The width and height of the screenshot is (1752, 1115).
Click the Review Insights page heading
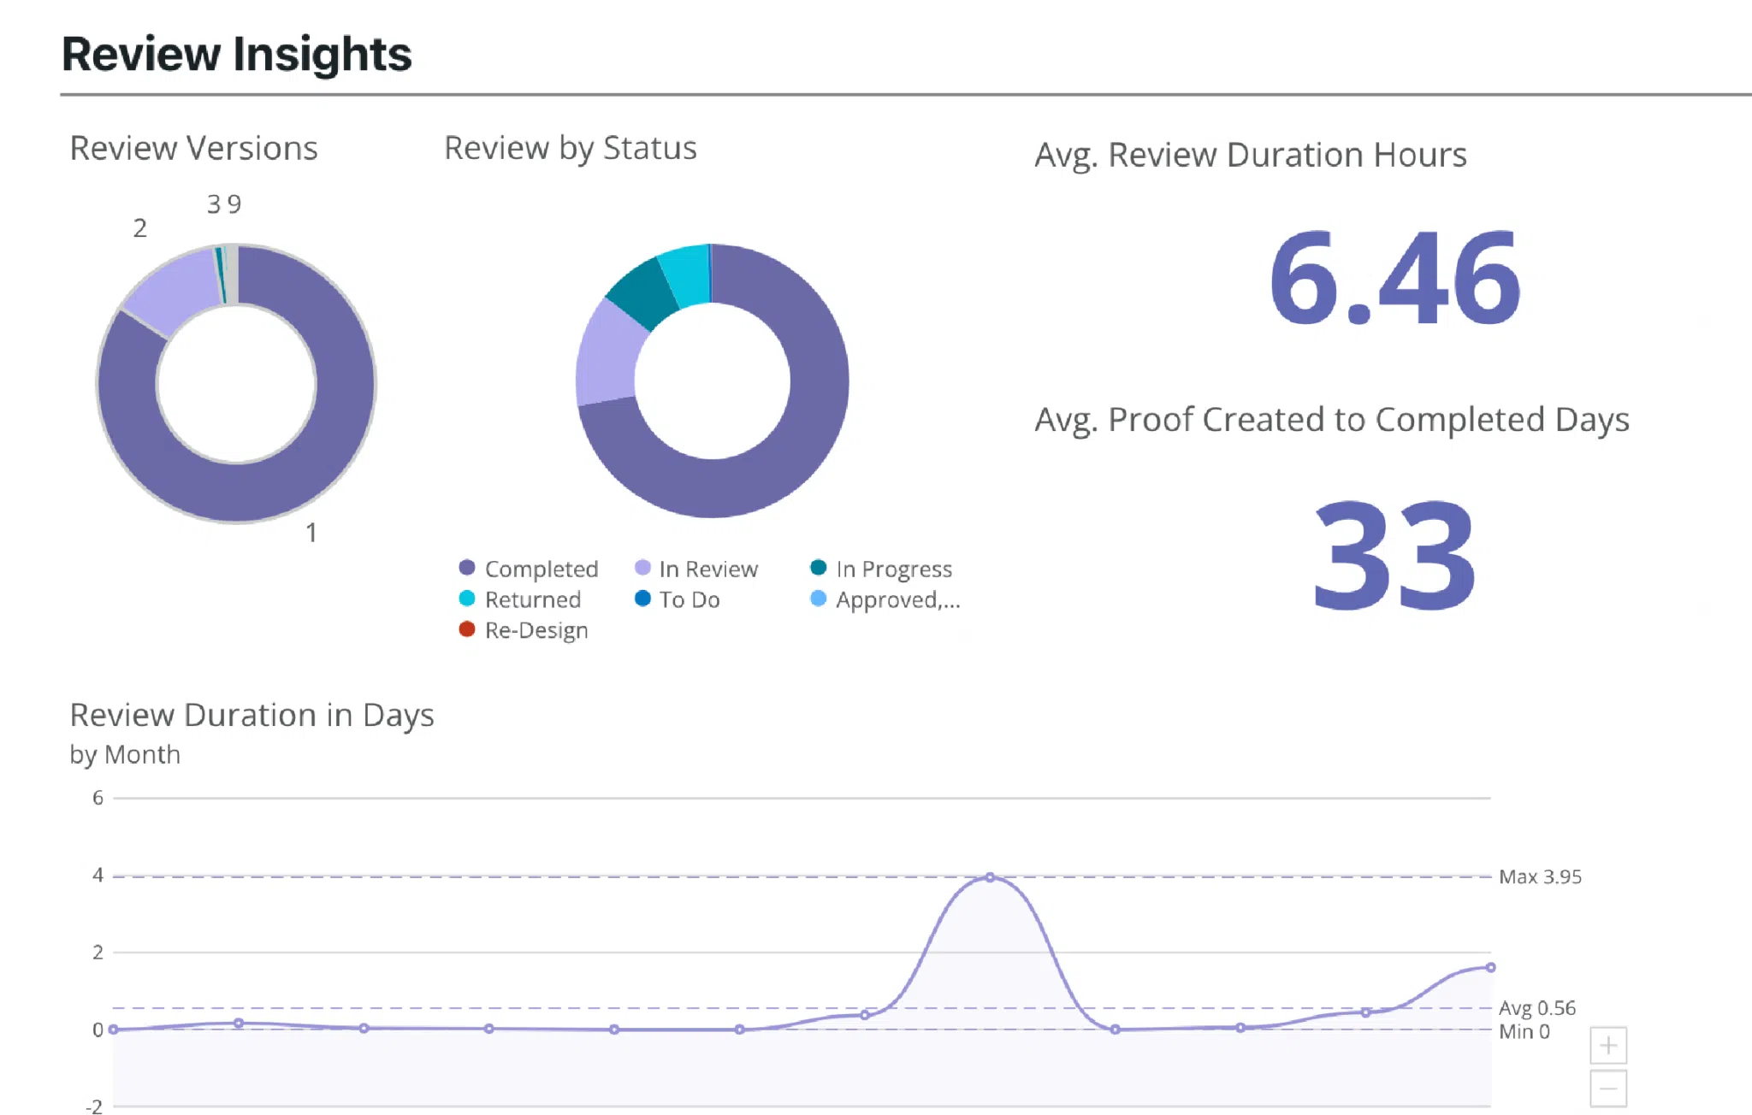click(237, 54)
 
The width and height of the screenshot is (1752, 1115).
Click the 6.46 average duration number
click(1394, 279)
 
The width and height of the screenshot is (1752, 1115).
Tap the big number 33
click(1394, 556)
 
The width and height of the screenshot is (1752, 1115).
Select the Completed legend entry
click(529, 569)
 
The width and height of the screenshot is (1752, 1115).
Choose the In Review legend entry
click(696, 569)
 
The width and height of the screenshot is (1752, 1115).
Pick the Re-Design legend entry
click(524, 630)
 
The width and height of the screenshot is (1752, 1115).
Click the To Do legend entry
click(678, 599)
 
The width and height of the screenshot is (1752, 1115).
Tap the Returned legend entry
click(520, 599)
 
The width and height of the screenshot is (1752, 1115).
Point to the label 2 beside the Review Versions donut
click(139, 228)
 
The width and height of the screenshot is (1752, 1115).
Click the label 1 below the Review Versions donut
click(311, 533)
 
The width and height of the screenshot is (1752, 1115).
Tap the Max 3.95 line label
click(1540, 876)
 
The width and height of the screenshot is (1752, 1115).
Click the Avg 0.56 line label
click(1536, 1008)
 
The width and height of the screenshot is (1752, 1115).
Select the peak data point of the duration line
click(990, 877)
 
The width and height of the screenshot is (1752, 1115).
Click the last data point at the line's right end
click(1490, 967)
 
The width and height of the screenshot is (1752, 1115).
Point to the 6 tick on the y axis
click(98, 798)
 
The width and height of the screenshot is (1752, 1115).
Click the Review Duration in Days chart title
click(252, 715)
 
